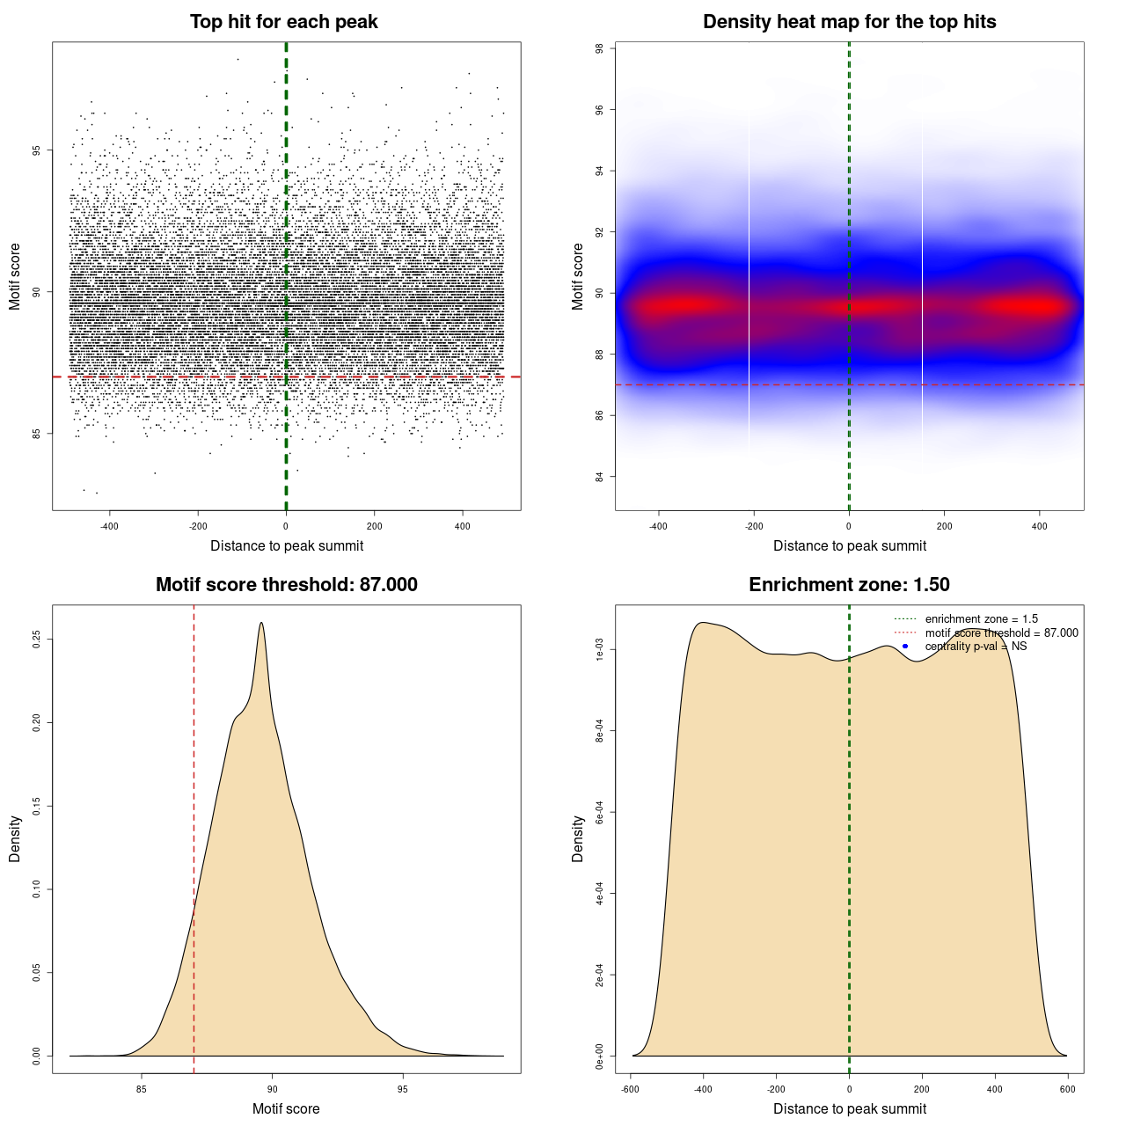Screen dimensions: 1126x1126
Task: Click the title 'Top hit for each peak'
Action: click(283, 22)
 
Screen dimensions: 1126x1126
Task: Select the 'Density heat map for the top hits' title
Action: click(849, 22)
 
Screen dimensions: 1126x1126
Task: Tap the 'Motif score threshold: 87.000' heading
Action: click(286, 585)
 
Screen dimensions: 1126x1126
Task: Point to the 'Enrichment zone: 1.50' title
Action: click(849, 585)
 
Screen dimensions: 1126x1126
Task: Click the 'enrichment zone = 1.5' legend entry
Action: click(981, 619)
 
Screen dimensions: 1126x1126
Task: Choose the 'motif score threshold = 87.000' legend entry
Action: click(1001, 633)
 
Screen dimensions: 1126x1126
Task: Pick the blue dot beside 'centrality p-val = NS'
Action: click(905, 647)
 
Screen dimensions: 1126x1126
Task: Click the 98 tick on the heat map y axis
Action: click(599, 49)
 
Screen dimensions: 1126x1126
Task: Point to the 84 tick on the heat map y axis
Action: click(599, 477)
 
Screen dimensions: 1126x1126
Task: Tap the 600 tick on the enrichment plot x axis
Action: click(1068, 1089)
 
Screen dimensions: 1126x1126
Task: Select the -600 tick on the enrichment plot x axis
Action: click(630, 1089)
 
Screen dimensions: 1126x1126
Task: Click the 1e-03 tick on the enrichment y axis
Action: click(599, 650)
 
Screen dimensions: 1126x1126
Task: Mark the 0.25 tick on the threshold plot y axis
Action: click(36, 639)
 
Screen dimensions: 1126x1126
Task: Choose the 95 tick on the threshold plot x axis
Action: click(403, 1089)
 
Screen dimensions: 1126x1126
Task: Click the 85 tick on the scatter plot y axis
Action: click(36, 434)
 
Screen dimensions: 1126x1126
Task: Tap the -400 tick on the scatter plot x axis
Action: click(109, 526)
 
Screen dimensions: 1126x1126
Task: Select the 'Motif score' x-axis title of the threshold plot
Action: click(286, 1108)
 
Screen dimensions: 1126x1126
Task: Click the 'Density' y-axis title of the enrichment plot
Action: click(578, 838)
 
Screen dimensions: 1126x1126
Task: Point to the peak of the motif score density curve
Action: click(261, 624)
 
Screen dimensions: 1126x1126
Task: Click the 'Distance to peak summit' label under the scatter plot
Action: click(287, 545)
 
